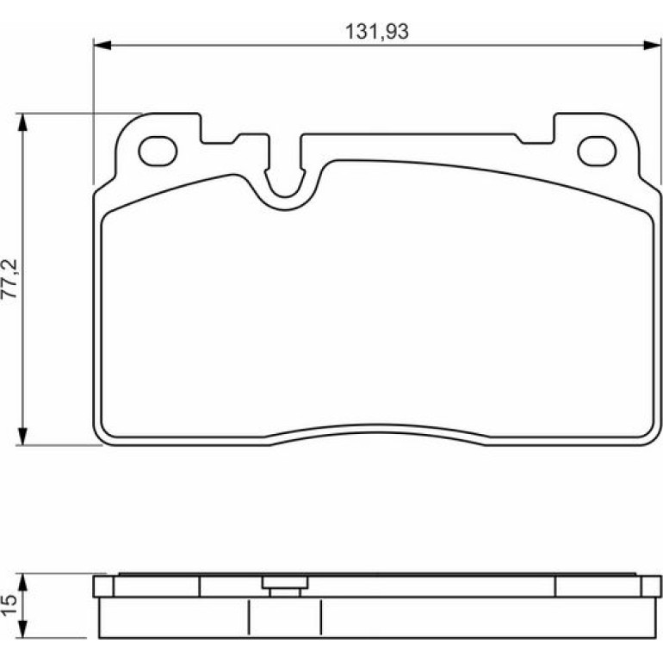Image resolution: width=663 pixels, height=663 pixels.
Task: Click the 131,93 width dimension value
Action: (x=377, y=32)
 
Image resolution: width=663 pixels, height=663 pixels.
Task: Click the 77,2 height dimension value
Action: (x=10, y=279)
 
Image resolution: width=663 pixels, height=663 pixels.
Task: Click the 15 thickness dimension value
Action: (x=9, y=605)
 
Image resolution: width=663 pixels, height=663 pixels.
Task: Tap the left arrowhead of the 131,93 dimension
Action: (x=102, y=45)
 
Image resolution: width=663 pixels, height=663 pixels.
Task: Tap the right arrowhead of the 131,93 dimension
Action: (x=652, y=45)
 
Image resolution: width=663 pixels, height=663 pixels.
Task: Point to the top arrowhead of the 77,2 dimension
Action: (x=23, y=122)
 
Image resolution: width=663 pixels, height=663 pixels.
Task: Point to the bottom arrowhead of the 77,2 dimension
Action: (x=23, y=437)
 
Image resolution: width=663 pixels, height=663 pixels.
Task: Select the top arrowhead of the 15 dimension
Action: (x=23, y=582)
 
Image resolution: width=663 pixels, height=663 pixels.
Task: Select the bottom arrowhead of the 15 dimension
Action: (x=23, y=629)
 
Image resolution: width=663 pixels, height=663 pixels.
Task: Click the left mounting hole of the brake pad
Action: (x=158, y=151)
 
